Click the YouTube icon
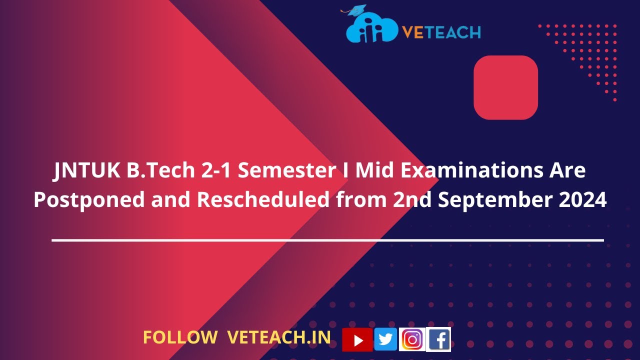357,340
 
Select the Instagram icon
412,339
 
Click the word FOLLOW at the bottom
180,337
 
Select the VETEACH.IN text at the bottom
279,337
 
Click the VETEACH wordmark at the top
441,32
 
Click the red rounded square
505,87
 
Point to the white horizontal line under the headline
327,240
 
